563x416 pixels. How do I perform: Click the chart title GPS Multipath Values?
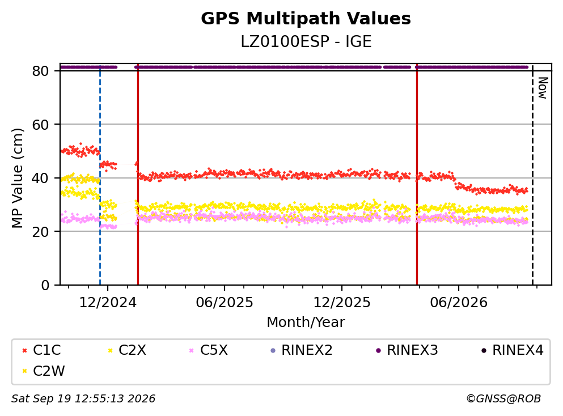(306, 19)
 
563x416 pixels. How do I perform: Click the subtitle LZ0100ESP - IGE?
(306, 42)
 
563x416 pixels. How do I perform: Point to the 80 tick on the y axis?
(41, 71)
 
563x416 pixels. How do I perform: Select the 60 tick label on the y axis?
(41, 125)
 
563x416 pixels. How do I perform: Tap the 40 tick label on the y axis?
(41, 178)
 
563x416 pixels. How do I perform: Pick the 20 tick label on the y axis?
(41, 231)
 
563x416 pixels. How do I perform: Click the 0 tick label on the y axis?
(45, 285)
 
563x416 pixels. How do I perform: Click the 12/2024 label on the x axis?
(108, 303)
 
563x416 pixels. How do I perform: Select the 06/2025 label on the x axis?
(225, 303)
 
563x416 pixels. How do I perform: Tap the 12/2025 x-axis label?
(342, 303)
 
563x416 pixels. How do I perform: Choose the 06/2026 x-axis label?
(459, 303)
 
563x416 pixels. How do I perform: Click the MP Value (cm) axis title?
(17, 178)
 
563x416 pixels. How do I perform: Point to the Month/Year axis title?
(306, 322)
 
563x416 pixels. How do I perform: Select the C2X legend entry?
(127, 350)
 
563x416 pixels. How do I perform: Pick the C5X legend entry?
(208, 350)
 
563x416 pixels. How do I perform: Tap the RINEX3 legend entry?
(407, 350)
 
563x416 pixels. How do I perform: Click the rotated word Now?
(543, 88)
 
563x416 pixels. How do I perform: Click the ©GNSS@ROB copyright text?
(503, 398)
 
